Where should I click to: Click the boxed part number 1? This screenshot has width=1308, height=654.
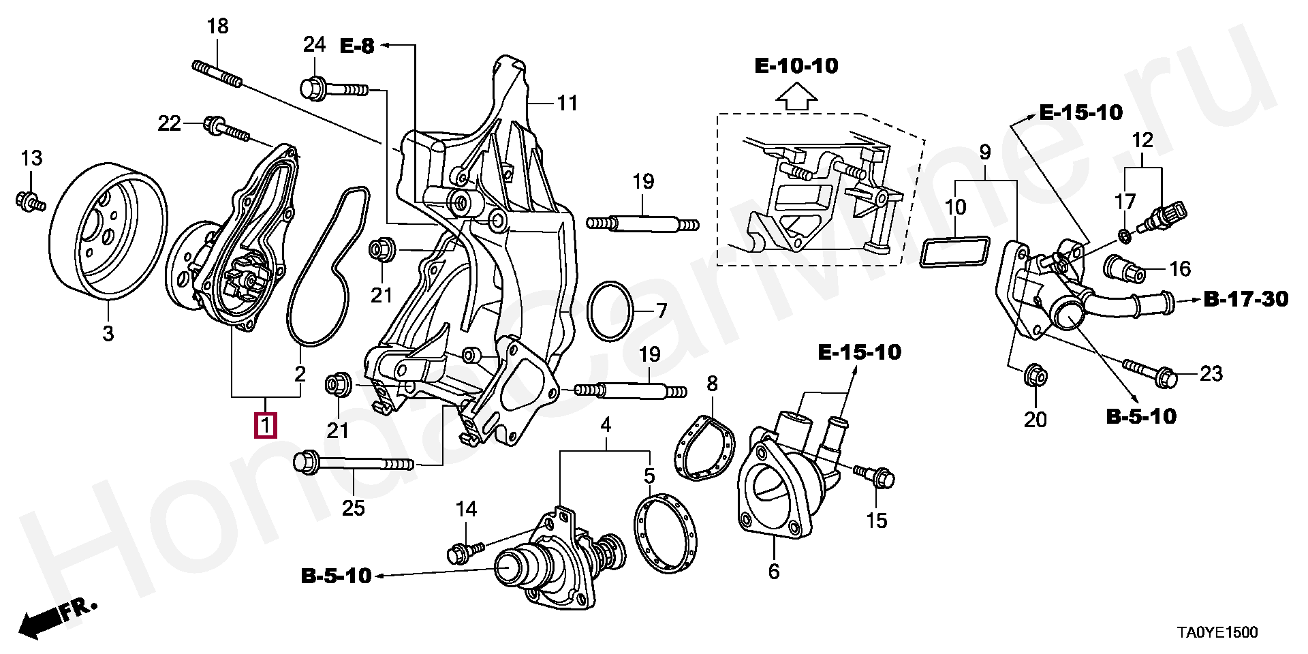pos(266,425)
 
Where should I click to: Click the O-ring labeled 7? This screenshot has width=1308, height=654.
pos(611,311)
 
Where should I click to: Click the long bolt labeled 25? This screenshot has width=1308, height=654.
pos(352,463)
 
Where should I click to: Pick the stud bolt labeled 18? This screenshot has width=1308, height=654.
pos(217,74)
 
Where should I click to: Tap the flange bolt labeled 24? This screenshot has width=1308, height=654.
pos(334,89)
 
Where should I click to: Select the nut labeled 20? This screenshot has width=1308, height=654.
pos(1035,375)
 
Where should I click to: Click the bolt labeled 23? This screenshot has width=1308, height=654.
pos(1149,372)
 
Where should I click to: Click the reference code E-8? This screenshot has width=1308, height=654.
pos(358,46)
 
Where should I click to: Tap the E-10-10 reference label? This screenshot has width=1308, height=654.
pos(796,66)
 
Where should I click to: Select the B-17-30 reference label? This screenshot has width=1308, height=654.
pos(1246,299)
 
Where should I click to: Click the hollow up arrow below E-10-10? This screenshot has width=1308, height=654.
pos(796,96)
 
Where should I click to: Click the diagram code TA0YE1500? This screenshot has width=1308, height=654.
pos(1217,633)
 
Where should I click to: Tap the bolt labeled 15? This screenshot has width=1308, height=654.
pos(874,476)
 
